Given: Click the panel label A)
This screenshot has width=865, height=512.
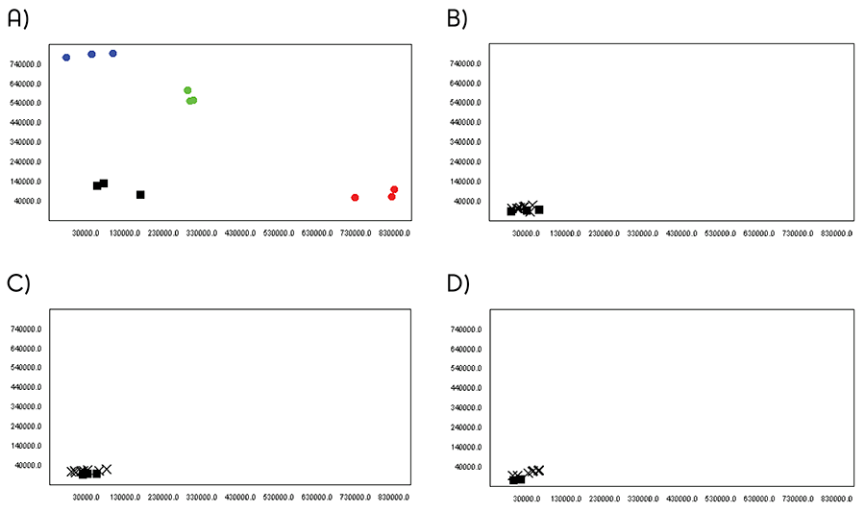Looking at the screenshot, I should point(18,18).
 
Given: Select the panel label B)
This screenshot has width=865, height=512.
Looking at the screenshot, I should point(457,18).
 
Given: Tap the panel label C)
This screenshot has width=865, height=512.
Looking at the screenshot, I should point(18,283).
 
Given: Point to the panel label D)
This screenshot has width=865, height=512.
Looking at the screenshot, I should point(457,283).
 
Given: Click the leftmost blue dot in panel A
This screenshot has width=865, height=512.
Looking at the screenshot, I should point(66,58).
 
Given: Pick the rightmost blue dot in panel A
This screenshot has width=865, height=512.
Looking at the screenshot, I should point(112,54).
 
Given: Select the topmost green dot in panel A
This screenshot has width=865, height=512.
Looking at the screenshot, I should point(187,90).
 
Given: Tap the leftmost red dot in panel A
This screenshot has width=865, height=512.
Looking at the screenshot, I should point(355,198).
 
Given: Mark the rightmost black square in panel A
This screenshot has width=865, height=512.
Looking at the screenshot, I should point(140,195).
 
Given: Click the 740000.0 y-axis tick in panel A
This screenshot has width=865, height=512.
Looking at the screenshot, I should point(24,64).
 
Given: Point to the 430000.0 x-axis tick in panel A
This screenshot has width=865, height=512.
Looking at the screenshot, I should point(239,232).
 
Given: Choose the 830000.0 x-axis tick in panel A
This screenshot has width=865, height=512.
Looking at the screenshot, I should point(393,232).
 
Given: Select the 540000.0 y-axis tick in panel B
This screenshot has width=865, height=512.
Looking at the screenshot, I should point(463,103).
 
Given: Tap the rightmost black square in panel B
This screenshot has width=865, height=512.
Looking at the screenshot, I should point(539,209).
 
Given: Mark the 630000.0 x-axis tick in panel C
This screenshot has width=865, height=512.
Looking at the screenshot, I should point(316,498).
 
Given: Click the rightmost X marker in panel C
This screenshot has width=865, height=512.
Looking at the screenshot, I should point(106,469).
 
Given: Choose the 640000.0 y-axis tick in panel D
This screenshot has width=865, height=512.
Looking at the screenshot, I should point(463,349).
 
